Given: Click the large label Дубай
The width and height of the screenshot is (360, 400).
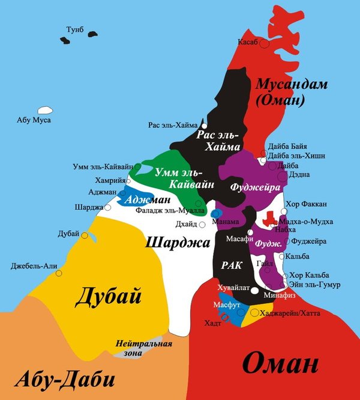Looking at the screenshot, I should coord(108,296).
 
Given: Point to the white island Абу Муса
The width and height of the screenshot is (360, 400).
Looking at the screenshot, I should coord(44,111).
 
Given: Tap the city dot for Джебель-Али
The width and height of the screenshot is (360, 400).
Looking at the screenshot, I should coord(58,273).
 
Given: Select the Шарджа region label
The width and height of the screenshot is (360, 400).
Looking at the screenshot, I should coord(177,241).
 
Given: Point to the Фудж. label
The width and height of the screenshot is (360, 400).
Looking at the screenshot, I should coord(269,244).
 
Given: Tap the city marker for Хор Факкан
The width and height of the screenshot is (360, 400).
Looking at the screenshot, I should coord(284,211).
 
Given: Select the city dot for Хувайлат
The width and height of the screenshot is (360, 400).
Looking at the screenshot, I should coord(254,291).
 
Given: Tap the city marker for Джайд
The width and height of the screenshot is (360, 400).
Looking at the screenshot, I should coord(202,225).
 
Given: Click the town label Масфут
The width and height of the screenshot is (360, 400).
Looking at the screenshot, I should coord(226,305).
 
